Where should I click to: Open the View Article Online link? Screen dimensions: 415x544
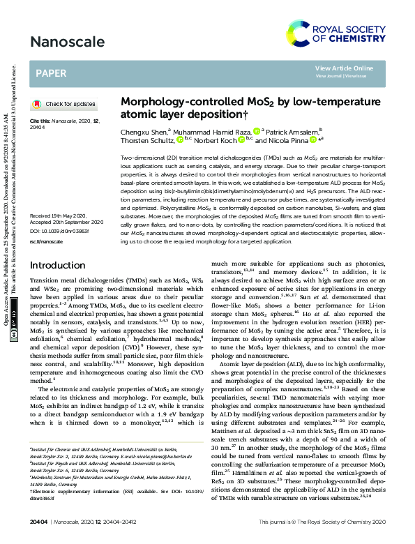pos(344,68)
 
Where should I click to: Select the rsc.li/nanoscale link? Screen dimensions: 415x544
pos(45,241)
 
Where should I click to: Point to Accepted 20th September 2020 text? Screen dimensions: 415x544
pos(66,222)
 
